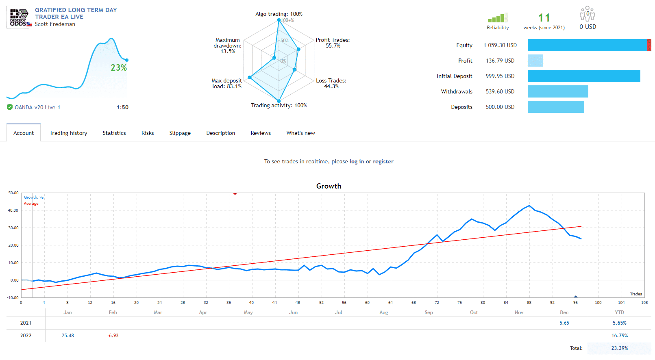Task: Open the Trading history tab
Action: pos(68,133)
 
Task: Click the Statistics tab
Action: pos(114,133)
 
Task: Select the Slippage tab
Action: pos(180,133)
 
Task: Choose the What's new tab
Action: pos(300,133)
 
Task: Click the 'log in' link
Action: pos(357,161)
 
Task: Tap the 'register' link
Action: pos(383,161)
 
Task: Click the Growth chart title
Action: pos(329,186)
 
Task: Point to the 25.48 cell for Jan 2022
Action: pos(68,336)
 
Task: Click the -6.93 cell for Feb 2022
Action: pos(113,336)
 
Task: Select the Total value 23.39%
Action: pos(619,348)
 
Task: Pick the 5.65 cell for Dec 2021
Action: pos(564,323)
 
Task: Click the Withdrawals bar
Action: pos(557,91)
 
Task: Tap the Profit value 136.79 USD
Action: pos(500,61)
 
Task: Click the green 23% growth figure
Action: pos(119,68)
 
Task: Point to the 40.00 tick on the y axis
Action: pos(13,210)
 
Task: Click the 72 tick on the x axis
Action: pos(437,303)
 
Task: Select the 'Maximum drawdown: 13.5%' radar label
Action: pos(228,46)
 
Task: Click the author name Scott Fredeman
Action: pos(55,24)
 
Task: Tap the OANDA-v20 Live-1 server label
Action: pos(37,108)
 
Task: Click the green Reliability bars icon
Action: pos(497,18)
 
